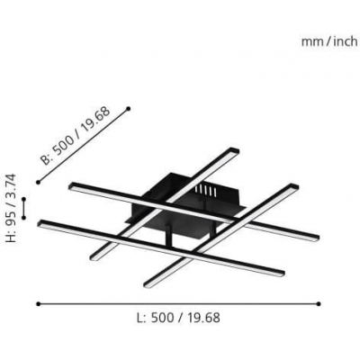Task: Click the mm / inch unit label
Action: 329,41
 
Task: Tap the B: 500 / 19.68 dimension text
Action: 76,136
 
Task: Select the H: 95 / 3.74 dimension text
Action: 13,208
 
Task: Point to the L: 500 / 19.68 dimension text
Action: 178,318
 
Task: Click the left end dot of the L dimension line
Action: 38,304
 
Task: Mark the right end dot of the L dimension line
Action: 319,304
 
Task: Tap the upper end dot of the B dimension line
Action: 129,108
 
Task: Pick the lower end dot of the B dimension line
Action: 38,182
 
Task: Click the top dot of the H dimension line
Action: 24,199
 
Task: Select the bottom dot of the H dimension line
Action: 24,218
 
